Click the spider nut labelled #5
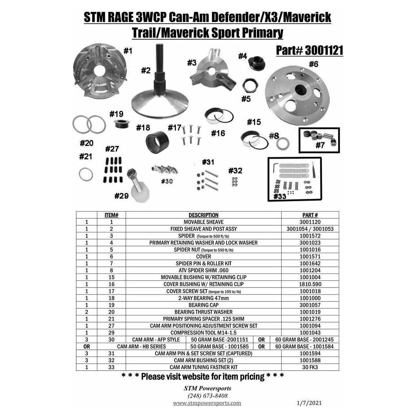click(x=250, y=86)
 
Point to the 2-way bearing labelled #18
click(x=157, y=142)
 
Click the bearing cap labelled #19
click(x=122, y=123)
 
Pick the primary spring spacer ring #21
click(x=86, y=174)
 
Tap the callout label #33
click(x=280, y=196)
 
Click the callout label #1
click(x=128, y=51)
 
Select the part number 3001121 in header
click(x=324, y=50)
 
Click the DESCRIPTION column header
click(x=203, y=215)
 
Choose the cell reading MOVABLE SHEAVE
click(x=203, y=222)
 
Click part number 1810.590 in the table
click(x=310, y=284)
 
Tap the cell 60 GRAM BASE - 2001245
click(x=304, y=339)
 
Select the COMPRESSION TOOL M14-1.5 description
click(x=203, y=333)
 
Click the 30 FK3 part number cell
click(x=310, y=367)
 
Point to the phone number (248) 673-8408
click(x=207, y=396)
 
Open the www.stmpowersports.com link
click(x=207, y=403)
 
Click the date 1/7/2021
click(x=309, y=403)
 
